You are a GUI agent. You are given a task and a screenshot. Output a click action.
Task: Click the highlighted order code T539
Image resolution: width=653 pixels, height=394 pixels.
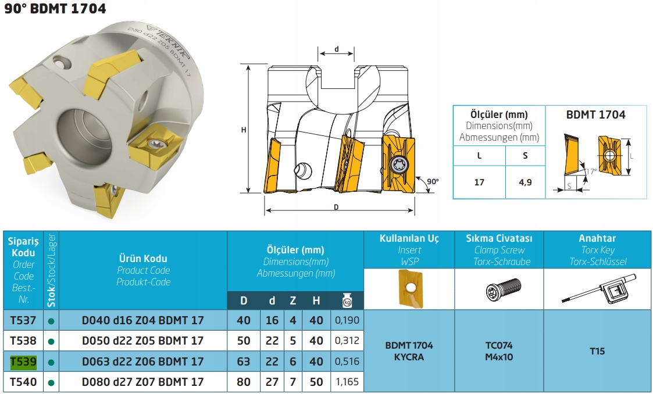(x=23, y=361)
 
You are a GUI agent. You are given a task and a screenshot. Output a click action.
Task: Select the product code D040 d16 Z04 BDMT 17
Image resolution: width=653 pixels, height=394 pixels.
(x=143, y=320)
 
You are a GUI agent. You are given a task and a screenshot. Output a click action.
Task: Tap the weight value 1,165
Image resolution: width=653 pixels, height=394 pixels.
(x=347, y=382)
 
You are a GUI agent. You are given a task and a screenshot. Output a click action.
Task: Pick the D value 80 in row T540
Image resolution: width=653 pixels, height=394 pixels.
(x=244, y=382)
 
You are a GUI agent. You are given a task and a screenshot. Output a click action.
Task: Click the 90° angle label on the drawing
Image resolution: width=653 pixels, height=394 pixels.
(x=433, y=181)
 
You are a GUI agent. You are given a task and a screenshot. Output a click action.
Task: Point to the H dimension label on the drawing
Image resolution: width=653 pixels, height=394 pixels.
(x=244, y=130)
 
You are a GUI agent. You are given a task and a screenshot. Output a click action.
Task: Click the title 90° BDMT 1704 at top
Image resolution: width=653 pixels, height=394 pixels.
(x=55, y=8)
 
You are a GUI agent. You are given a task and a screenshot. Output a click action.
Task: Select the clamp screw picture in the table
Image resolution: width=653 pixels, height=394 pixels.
(x=503, y=289)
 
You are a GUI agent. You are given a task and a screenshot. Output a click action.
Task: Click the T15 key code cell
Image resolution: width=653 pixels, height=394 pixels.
(x=597, y=351)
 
